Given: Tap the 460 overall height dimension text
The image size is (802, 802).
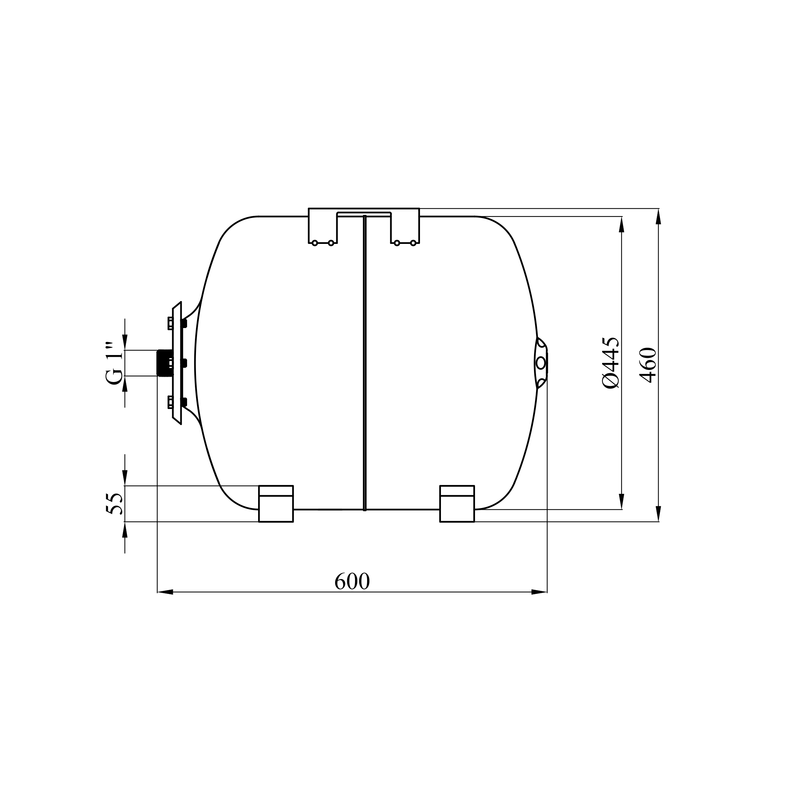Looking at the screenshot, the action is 648,365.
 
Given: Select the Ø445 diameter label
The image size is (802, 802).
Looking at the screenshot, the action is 611,362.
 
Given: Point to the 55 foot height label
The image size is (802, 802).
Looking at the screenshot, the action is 115,503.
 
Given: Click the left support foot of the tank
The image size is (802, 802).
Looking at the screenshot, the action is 276,503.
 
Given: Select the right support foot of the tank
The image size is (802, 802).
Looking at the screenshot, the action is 457,503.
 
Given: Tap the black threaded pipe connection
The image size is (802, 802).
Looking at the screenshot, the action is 164,363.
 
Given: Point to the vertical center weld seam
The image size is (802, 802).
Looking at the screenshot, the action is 365,363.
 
